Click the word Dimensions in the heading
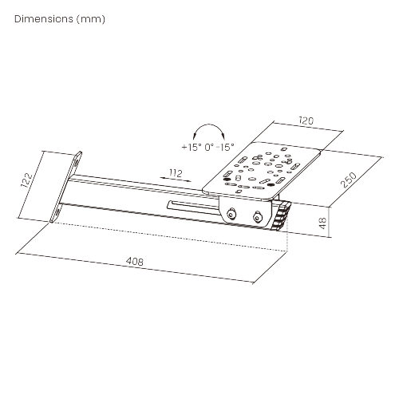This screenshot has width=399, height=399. point(44,19)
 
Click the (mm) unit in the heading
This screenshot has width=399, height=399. point(91,19)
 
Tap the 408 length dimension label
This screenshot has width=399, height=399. point(135,261)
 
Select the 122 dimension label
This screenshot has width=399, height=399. point(27,180)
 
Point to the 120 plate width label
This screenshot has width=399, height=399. point(306,120)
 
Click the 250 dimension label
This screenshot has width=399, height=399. point(349,180)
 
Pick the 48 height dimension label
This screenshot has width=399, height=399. point(322,223)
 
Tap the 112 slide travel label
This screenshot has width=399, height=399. point(176,173)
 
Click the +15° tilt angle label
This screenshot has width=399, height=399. point(192,147)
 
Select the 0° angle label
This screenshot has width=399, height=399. point(209,147)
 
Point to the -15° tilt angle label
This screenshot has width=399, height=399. point(225,147)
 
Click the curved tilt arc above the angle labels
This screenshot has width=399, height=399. point(209,124)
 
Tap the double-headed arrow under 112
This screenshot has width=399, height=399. point(176,180)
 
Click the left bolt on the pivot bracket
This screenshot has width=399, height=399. point(231,213)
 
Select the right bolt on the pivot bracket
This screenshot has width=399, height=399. point(258,217)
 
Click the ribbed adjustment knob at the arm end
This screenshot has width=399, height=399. point(281,216)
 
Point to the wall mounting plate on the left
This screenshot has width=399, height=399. point(65,187)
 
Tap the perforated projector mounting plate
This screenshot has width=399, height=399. point(262,170)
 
